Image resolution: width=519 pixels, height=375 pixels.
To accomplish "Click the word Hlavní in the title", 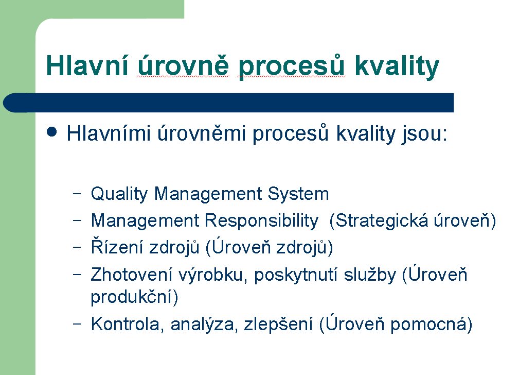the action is [87, 65].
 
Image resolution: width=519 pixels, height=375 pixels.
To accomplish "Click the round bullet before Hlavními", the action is [52, 132].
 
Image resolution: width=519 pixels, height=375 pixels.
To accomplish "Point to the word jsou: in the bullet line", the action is [424, 134].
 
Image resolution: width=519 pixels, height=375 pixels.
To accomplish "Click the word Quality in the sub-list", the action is [119, 194].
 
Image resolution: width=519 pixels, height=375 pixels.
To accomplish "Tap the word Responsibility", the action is [261, 221].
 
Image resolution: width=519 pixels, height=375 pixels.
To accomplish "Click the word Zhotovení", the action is [131, 275].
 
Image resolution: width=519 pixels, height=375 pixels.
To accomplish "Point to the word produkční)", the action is [134, 297].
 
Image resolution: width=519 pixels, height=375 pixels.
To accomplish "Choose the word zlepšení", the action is [278, 325].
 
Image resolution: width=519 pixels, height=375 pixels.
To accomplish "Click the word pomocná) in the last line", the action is [431, 325].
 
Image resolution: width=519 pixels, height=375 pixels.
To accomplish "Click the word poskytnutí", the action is [296, 275].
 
